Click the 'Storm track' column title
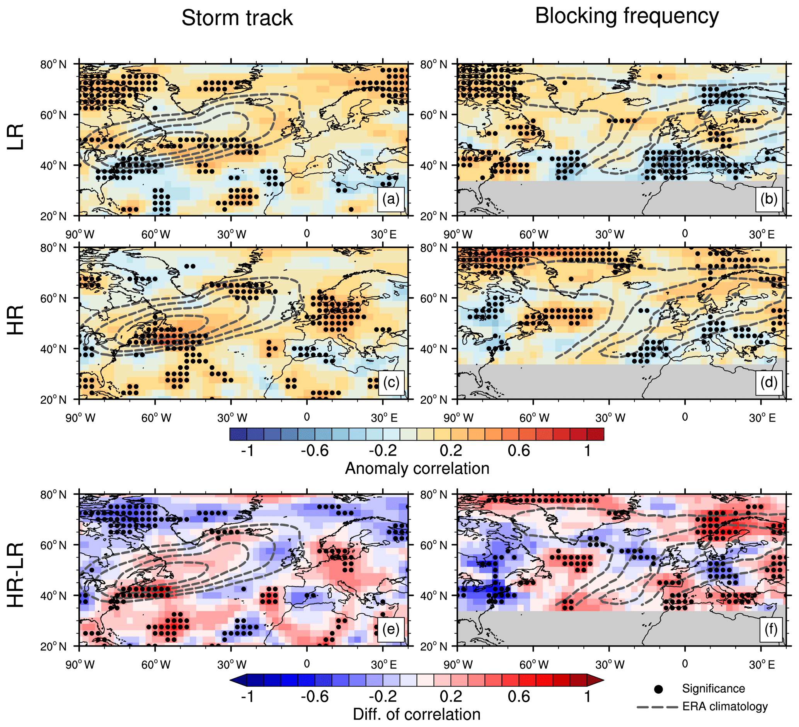237,18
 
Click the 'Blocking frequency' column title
627,17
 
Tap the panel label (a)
391,199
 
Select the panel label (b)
768,199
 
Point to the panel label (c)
391,382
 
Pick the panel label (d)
768,382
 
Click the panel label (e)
391,629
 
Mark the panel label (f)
770,629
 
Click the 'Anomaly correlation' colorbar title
417,469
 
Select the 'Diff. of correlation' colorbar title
417,714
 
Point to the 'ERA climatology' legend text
725,707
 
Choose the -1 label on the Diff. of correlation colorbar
247,696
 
